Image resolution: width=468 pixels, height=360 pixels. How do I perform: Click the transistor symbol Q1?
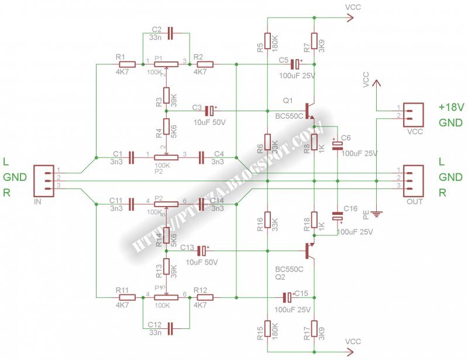coord(309,111)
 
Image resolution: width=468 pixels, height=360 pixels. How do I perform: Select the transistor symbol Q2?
coord(309,251)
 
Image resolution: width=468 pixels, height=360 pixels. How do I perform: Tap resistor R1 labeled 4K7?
coord(129,64)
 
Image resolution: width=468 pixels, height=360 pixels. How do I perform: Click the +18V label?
coord(451,108)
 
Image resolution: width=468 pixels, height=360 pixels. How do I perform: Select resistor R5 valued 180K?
coord(267,41)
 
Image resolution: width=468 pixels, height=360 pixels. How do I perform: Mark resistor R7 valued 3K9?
coord(314,41)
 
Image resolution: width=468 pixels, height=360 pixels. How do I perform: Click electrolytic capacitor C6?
coord(338,146)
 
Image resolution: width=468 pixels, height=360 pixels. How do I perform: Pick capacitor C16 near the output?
coord(338,216)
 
